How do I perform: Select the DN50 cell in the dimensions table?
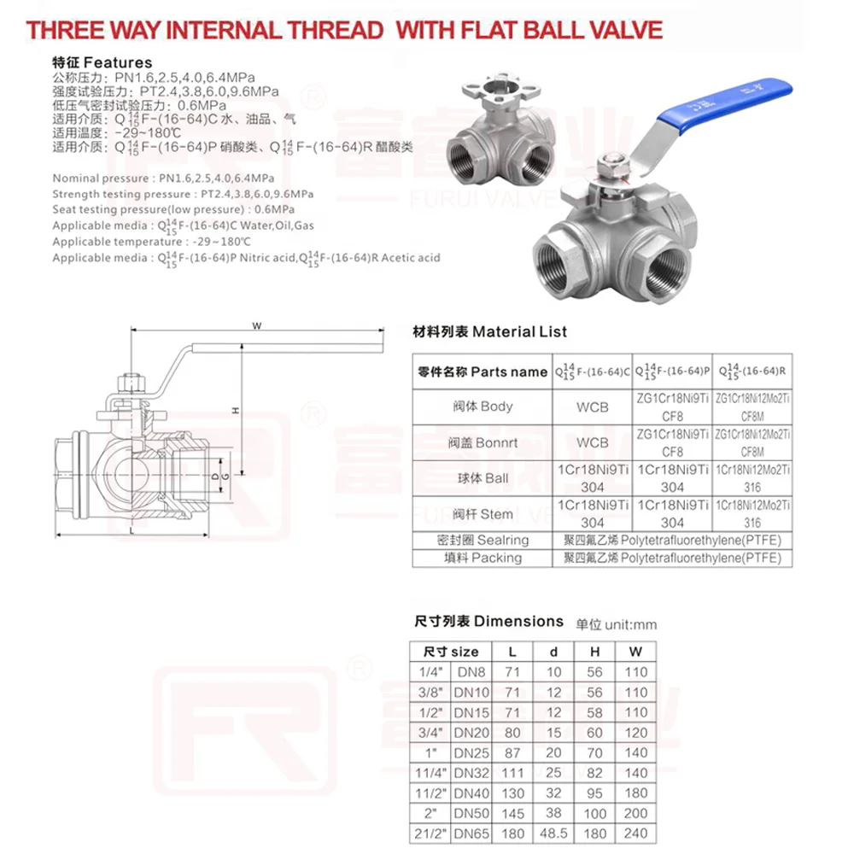pyautogui.click(x=471, y=813)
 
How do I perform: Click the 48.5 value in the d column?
pyautogui.click(x=553, y=833)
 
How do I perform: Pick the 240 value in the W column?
pyautogui.click(x=635, y=833)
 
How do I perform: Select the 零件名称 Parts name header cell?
pyautogui.click(x=483, y=371)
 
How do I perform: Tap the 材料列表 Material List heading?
pyautogui.click(x=489, y=331)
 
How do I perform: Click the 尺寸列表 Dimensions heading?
pyautogui.click(x=488, y=622)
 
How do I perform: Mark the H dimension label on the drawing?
pyautogui.click(x=236, y=411)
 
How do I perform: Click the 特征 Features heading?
pyautogui.click(x=102, y=62)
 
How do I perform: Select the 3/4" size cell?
pyautogui.click(x=428, y=732)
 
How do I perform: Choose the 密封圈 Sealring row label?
pyautogui.click(x=483, y=540)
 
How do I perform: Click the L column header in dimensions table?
pyautogui.click(x=512, y=652)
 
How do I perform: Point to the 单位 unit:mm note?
pyautogui.click(x=617, y=624)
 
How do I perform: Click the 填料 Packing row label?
pyautogui.click(x=483, y=558)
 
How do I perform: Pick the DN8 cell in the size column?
pyautogui.click(x=471, y=672)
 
